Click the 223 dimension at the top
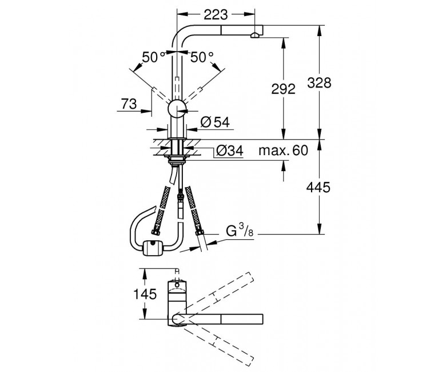point(216,14)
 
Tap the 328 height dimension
point(319,83)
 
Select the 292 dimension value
point(283,89)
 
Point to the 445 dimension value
point(318,188)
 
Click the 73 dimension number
point(129,104)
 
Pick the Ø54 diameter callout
point(215,122)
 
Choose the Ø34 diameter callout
point(229,151)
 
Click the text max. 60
point(283,151)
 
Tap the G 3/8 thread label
point(240,231)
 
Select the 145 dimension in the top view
point(145,294)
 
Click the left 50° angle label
point(154,57)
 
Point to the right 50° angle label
point(202,57)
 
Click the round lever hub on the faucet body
point(177,108)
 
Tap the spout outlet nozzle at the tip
point(254,35)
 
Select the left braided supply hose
point(162,210)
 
